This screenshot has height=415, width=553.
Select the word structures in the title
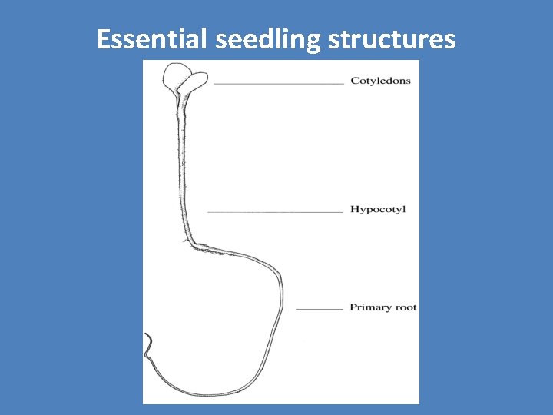click(x=392, y=38)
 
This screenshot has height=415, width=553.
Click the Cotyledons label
click(x=380, y=81)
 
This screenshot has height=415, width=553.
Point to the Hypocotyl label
click(x=377, y=209)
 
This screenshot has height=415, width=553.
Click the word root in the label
click(x=406, y=307)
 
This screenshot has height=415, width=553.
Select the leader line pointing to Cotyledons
click(x=278, y=82)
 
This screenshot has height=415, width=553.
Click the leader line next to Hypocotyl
click(x=274, y=211)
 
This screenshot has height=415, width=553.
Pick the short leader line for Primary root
click(x=319, y=309)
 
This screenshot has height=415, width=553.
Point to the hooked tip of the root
click(x=147, y=338)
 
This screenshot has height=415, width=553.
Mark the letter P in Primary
click(x=353, y=307)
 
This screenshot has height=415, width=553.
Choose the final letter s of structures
click(x=450, y=40)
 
